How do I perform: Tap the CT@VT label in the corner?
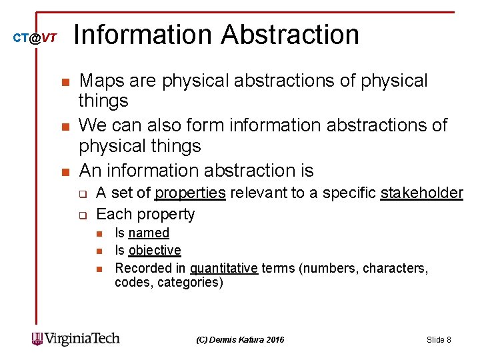35,39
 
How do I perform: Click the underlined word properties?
190,193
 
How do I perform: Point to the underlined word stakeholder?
421,193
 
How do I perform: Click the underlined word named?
149,233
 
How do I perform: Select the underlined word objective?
155,250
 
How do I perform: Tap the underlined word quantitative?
224,268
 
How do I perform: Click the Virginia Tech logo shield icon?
37,339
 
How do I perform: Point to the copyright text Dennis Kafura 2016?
240,340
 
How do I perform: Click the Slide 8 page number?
439,340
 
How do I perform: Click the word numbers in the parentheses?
330,268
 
